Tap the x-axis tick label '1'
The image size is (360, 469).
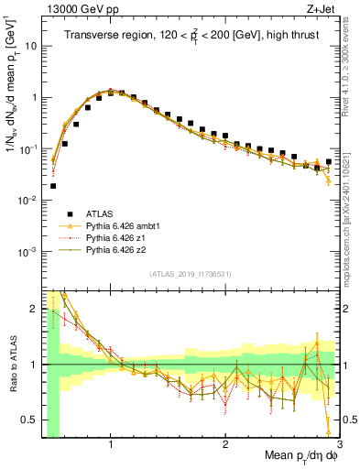click(x=111, y=444)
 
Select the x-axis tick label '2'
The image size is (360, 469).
click(x=225, y=444)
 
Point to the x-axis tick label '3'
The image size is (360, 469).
click(x=339, y=444)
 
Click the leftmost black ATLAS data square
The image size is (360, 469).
click(x=53, y=186)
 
